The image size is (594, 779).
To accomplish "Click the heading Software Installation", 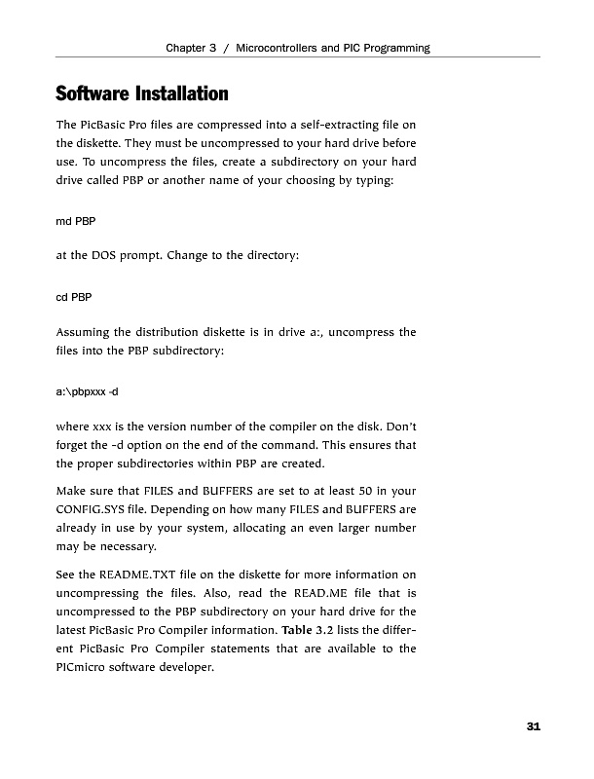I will (142, 94).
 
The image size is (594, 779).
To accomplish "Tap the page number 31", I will (533, 726).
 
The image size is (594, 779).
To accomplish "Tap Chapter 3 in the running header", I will (191, 48).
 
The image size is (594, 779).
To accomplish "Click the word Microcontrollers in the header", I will (280, 48).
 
